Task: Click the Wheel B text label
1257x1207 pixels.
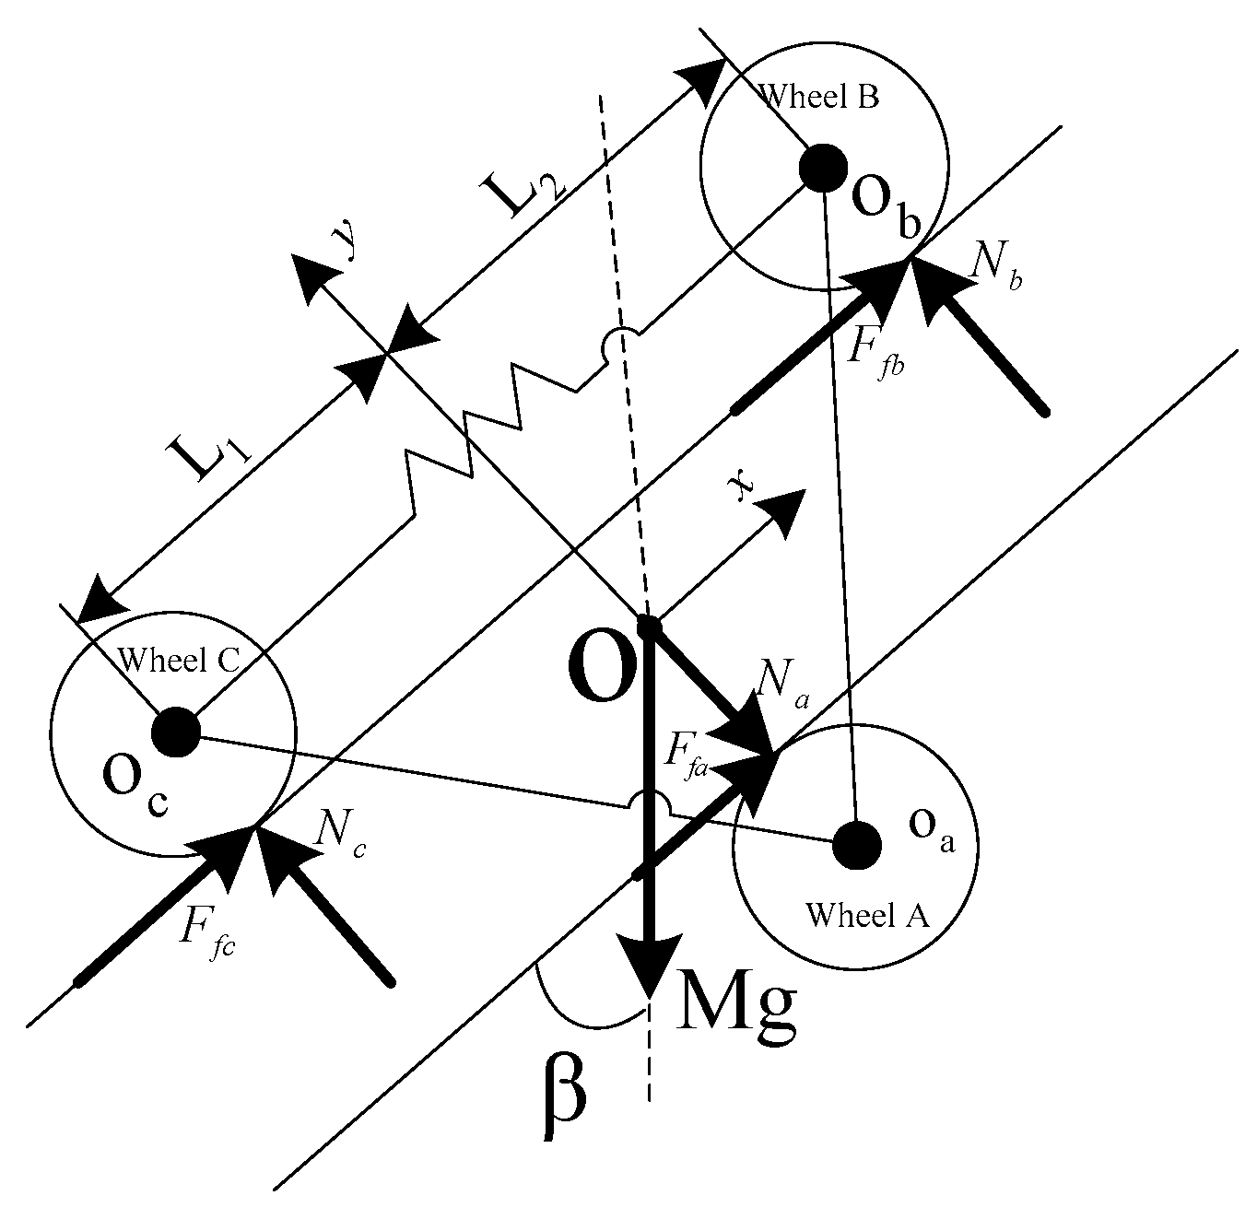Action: click(x=816, y=97)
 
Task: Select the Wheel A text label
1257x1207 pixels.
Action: click(x=867, y=915)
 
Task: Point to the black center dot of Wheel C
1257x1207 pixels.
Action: click(x=174, y=733)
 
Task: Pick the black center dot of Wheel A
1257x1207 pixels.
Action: click(x=857, y=843)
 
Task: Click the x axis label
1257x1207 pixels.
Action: click(x=741, y=491)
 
